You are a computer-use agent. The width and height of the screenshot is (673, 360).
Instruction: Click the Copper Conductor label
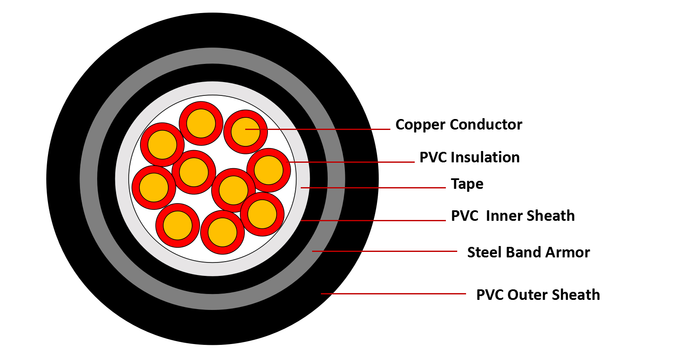pos(458,124)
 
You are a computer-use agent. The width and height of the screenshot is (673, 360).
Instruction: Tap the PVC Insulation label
pos(469,157)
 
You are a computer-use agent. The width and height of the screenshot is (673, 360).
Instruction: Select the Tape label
pos(467,184)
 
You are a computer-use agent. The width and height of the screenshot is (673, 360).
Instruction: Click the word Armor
pos(567,252)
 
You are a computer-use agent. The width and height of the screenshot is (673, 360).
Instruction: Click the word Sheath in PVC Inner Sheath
pos(551,216)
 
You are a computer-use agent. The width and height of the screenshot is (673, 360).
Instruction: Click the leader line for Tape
pos(379,188)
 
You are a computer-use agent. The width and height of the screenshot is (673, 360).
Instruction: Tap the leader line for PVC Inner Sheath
pos(374,220)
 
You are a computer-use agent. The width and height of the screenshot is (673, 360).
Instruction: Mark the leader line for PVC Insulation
pos(353,162)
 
